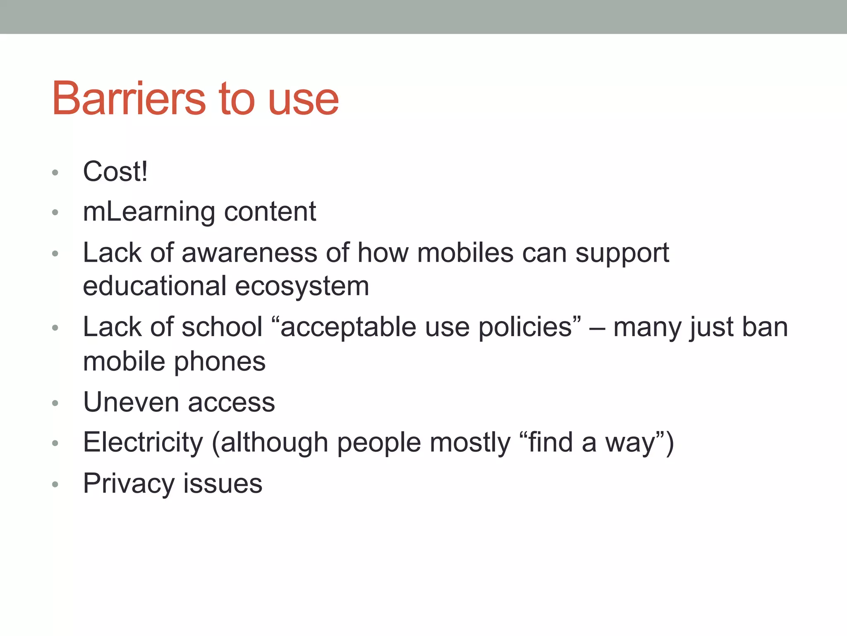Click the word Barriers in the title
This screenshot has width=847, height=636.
[x=128, y=99]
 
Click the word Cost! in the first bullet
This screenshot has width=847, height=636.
[x=115, y=171]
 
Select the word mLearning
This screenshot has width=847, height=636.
[x=148, y=212]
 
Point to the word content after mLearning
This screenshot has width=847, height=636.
[x=270, y=212]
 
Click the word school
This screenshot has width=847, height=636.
[x=222, y=327]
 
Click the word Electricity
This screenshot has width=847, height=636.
[x=143, y=443]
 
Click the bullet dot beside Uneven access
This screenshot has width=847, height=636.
[x=55, y=403]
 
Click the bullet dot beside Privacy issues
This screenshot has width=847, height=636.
[x=55, y=484]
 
